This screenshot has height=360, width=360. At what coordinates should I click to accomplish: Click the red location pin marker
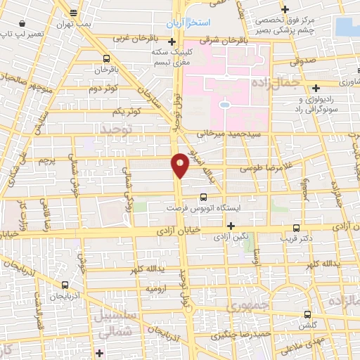[x=180, y=165]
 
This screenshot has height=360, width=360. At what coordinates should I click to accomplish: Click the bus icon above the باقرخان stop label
[x=105, y=59]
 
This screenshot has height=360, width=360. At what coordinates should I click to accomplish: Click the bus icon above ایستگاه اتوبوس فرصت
[x=203, y=198]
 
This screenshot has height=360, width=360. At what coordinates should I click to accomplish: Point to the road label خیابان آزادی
[x=185, y=229]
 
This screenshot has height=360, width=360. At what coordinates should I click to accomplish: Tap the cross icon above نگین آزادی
[x=231, y=225]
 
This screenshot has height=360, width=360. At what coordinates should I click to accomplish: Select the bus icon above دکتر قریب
[x=297, y=228]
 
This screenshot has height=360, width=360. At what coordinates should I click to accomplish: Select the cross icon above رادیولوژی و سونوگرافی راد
[x=317, y=89]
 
